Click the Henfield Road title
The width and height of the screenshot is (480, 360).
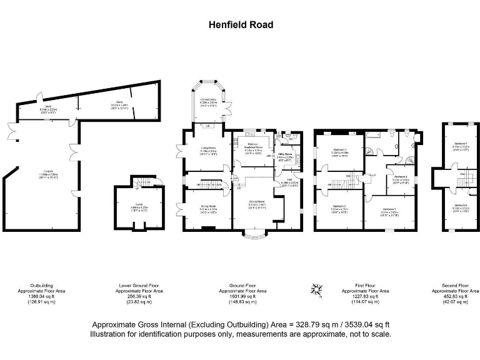coord(241,25)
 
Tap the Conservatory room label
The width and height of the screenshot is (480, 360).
coord(207,101)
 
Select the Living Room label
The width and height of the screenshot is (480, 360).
coord(200,149)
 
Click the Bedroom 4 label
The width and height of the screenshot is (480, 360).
coord(401,178)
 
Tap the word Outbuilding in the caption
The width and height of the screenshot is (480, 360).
coord(41,286)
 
